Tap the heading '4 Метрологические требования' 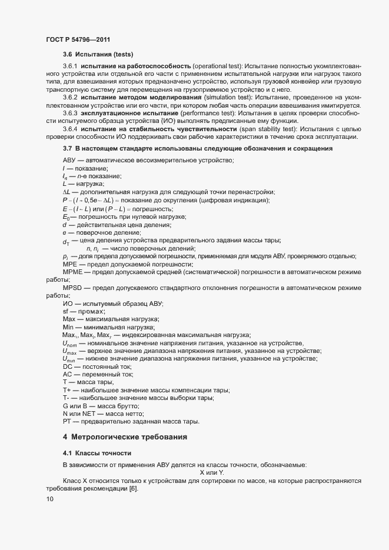point(125,437)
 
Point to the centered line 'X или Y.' point(212,472)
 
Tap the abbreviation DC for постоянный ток point(68,366)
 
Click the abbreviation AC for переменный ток point(68,375)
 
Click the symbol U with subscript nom point(69,344)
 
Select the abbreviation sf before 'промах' point(66,311)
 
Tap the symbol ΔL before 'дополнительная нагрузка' point(67,192)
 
